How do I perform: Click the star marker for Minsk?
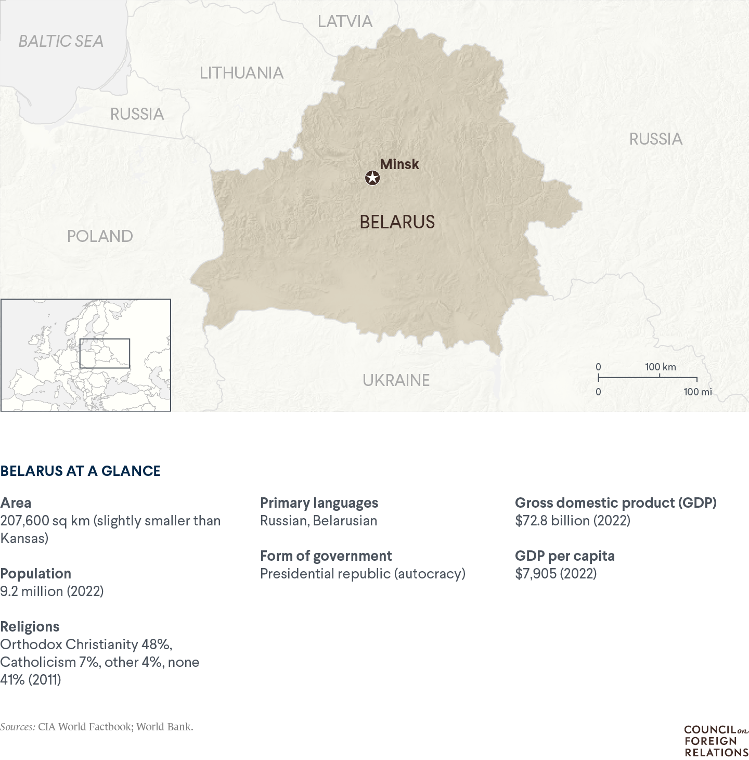pos(372,178)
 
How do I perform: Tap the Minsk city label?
pos(399,164)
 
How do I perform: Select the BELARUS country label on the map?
pos(397,222)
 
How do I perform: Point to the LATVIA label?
pos(345,21)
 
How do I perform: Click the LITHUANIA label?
pos(241,73)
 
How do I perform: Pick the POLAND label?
pos(100,236)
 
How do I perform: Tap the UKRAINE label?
pos(396,380)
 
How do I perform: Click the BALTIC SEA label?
pos(61,41)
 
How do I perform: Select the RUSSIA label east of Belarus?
pos(655,139)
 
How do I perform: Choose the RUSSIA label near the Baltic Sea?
pos(137,114)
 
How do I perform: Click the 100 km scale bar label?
pos(661,367)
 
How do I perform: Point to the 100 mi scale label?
pos(698,392)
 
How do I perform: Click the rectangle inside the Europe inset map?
pos(105,353)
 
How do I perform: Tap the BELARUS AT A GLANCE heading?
pos(81,471)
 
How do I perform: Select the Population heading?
pos(36,573)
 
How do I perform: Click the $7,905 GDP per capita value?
pos(556,573)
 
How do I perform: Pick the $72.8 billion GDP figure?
pos(572,520)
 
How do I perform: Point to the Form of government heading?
pos(326,556)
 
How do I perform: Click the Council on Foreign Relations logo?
pos(716,741)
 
